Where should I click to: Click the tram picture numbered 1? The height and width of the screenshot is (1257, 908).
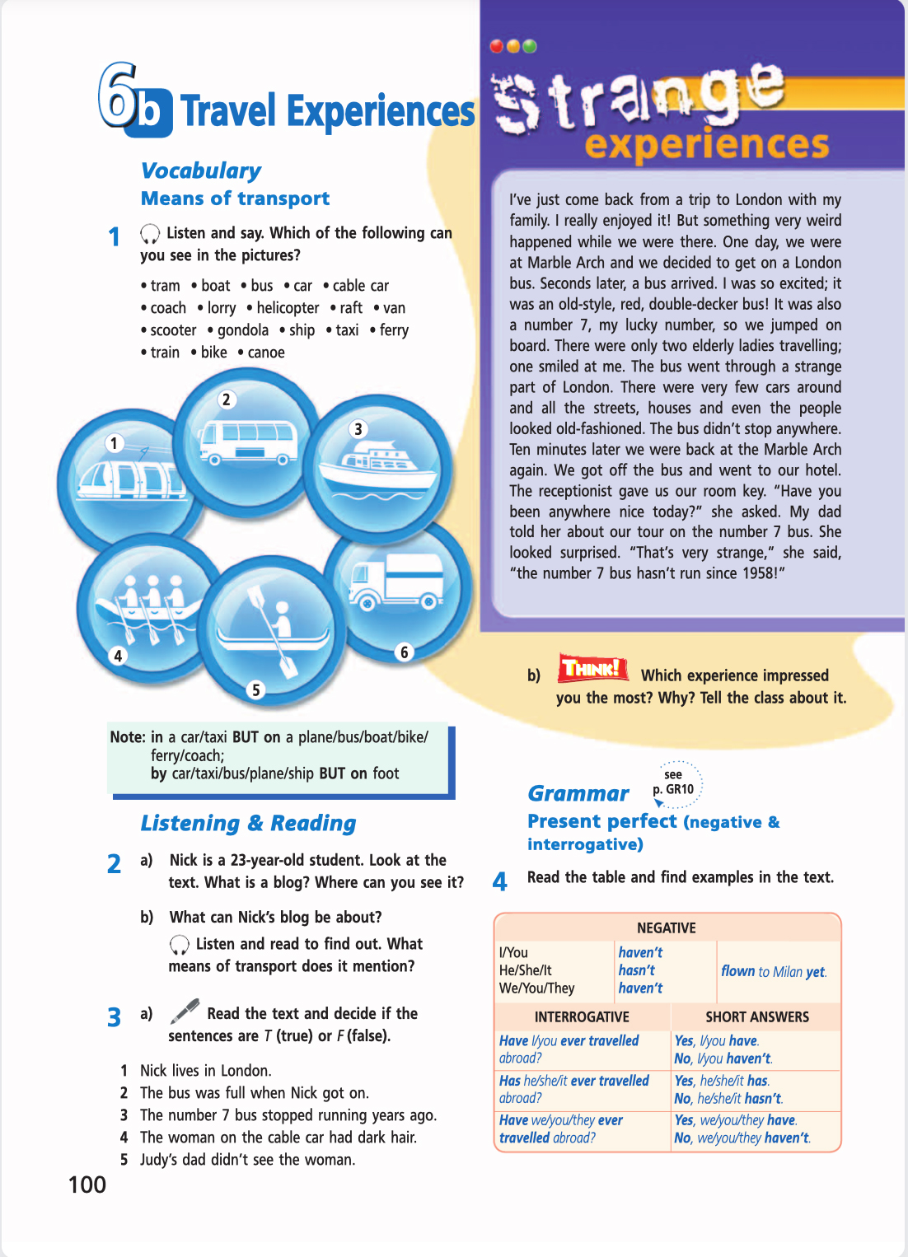tap(128, 478)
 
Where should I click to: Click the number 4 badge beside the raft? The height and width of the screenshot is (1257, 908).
tap(118, 656)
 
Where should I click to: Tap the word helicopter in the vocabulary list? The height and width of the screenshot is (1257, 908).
tap(288, 308)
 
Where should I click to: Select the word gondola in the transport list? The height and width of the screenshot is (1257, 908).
tap(242, 330)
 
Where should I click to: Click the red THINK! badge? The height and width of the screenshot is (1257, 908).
tap(592, 668)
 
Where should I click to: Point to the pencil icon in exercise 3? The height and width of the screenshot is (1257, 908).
tap(185, 1011)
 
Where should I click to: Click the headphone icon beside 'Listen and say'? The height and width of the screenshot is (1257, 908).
tap(150, 234)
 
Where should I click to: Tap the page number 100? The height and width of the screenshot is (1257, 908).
tap(87, 1185)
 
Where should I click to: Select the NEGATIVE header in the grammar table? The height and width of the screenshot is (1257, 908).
tap(666, 928)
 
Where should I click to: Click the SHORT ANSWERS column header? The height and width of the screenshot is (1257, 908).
tap(756, 1017)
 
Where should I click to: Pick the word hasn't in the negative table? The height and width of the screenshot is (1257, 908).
tap(637, 970)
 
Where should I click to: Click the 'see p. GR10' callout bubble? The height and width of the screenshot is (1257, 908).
tap(676, 783)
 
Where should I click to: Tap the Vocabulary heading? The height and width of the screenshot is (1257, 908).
tap(201, 171)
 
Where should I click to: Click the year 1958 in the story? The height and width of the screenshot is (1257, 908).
tap(758, 573)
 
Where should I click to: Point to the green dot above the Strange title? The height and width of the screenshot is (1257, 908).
tap(530, 46)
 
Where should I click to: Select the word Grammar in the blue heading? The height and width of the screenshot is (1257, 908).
tap(578, 793)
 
